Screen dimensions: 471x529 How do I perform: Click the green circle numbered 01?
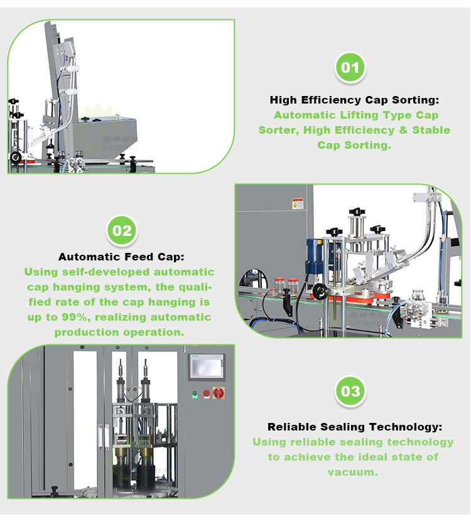(350, 67)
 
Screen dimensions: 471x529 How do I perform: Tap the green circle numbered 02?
(122, 231)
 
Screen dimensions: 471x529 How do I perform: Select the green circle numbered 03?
(350, 392)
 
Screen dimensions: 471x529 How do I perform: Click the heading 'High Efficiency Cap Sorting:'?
(354, 100)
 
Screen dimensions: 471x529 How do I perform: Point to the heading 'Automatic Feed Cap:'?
(122, 257)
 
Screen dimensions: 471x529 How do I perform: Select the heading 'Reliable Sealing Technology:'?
(355, 427)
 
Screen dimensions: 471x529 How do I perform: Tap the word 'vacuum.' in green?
(353, 472)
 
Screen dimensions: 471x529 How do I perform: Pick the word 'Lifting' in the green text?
(359, 115)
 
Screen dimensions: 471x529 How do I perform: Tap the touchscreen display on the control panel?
(206, 366)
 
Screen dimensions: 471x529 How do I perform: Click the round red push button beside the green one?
(206, 393)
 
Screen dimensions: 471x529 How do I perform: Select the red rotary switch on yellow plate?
(219, 393)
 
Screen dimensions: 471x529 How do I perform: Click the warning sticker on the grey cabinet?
(298, 203)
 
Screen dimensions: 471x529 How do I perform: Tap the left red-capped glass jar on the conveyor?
(280, 286)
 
